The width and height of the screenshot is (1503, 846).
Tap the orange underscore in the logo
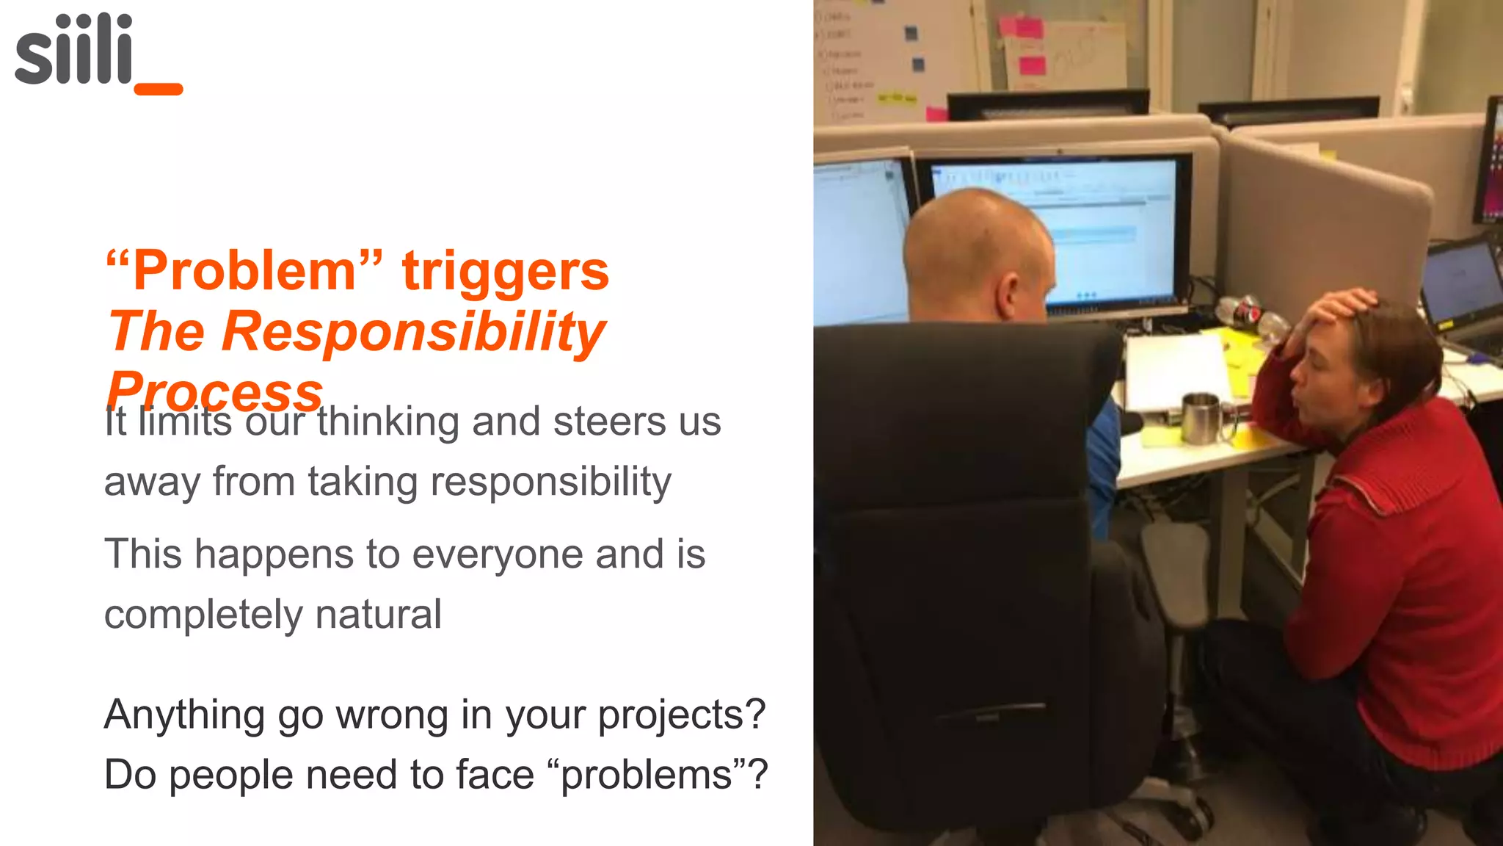point(159,90)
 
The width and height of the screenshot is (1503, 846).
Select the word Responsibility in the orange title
point(414,332)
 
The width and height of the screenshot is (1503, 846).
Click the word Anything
point(184,715)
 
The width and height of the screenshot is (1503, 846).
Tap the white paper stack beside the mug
point(1174,371)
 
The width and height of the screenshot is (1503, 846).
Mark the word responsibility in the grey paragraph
point(550,482)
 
